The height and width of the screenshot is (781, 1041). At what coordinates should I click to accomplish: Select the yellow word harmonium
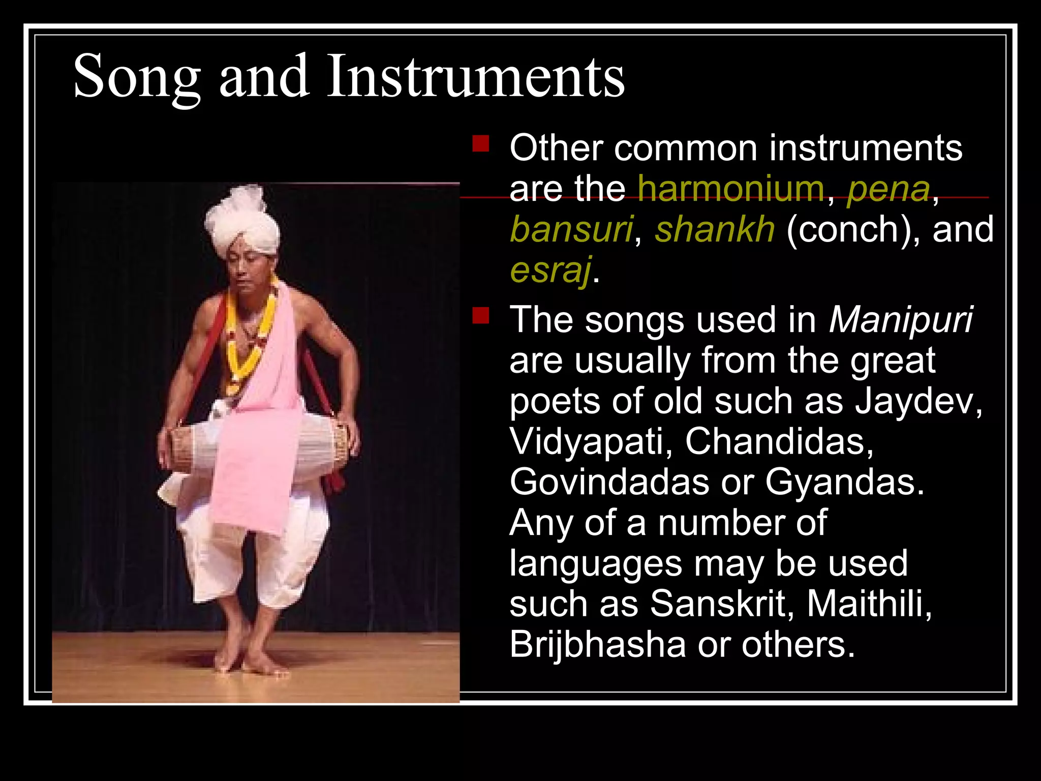pyautogui.click(x=731, y=189)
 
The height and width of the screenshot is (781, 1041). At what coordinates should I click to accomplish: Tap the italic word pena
pyautogui.click(x=888, y=189)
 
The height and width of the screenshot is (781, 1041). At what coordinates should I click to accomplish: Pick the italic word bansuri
pyautogui.click(x=571, y=229)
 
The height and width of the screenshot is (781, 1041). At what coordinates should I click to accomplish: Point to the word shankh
pyautogui.click(x=715, y=229)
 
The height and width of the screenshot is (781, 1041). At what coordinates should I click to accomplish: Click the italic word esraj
pyautogui.click(x=550, y=270)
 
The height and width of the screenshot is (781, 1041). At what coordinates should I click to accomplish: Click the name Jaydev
pyautogui.click(x=918, y=401)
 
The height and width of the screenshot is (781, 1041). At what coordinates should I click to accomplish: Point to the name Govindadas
pyautogui.click(x=609, y=482)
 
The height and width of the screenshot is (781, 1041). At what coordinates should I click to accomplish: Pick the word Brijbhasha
pyautogui.click(x=598, y=644)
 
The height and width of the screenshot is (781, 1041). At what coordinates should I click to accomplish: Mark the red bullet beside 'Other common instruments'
pyautogui.click(x=480, y=144)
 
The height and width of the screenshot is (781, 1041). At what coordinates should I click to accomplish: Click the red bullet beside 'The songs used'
pyautogui.click(x=480, y=316)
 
